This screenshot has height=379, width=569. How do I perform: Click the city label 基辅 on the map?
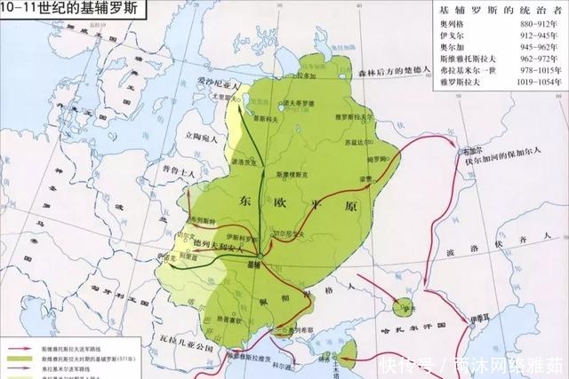tap(254, 265)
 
